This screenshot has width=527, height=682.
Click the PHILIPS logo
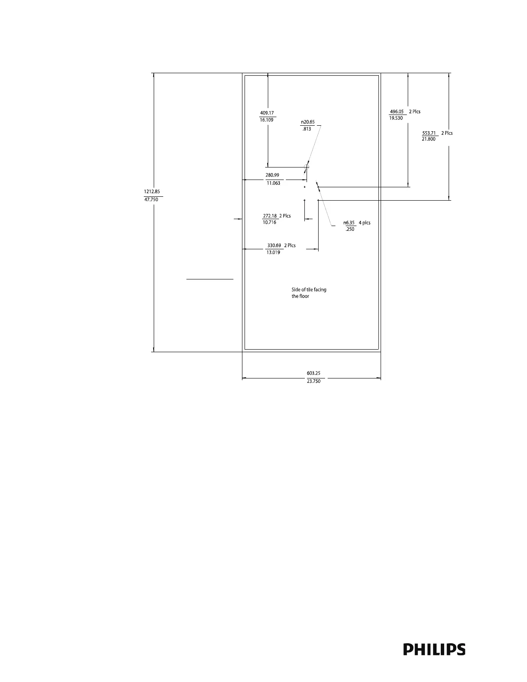(434, 649)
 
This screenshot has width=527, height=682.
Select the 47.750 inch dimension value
(152, 200)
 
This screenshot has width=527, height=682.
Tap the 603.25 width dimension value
(313, 373)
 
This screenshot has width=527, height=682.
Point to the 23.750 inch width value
(313, 381)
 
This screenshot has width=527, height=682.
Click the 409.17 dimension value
(267, 113)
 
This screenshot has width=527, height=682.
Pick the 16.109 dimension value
(267, 120)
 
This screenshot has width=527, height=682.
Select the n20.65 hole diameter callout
(307, 122)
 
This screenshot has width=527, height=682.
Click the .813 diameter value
(307, 129)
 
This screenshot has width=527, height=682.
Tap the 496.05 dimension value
(397, 111)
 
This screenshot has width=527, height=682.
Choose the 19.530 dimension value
(396, 118)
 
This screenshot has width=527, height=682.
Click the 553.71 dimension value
(429, 133)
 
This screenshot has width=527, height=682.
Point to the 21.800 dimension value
(428, 139)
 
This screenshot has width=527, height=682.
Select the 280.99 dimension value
(272, 175)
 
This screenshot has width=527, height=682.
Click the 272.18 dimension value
(270, 216)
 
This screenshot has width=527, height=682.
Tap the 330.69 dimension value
(274, 245)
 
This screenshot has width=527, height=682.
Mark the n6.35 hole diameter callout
(349, 223)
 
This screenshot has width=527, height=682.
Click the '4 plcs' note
(364, 223)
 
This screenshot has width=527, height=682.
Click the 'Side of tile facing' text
(309, 290)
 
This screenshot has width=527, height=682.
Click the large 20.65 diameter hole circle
(307, 167)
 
